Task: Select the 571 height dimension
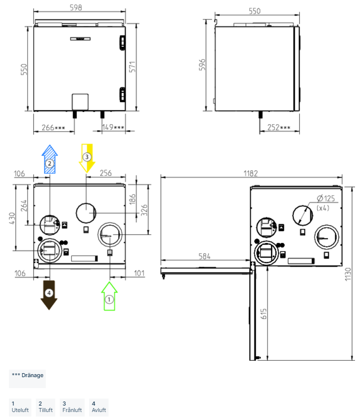coord(132,68)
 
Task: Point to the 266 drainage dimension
coord(53,128)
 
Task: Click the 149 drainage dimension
coord(113,128)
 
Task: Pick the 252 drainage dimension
coord(278,128)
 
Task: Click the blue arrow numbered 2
coord(49,159)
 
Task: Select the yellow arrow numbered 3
coord(87,157)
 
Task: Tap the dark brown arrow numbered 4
coord(49,294)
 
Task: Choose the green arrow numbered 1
coord(109,296)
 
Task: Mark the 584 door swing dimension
coord(205,256)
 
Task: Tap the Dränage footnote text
coord(27,375)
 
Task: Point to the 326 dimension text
coord(144,209)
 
